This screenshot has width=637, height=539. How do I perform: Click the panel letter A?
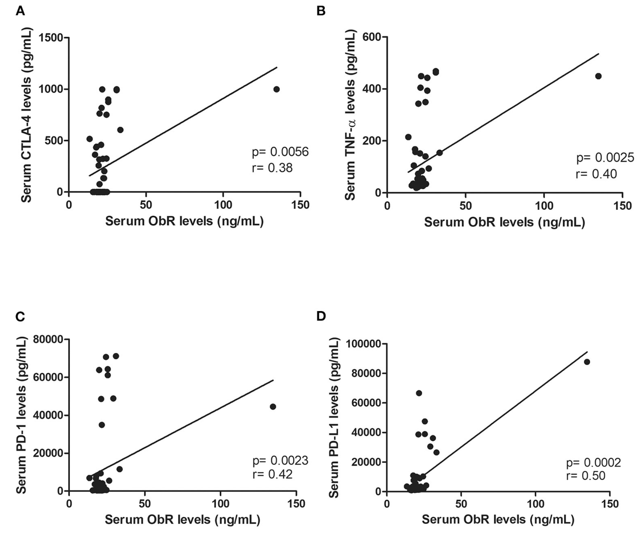click(x=20, y=11)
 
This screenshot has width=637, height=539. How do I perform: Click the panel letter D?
click(x=322, y=316)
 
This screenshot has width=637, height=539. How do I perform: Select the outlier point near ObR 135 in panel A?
click(x=276, y=89)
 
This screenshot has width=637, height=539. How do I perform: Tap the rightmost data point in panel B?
click(x=598, y=76)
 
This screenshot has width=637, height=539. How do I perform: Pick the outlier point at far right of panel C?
click(x=273, y=407)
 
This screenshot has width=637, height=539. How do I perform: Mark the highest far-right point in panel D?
click(x=587, y=362)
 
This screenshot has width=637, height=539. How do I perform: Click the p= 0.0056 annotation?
click(x=280, y=152)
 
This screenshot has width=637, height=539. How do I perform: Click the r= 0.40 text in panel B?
click(x=596, y=174)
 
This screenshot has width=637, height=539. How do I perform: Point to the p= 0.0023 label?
click(x=280, y=461)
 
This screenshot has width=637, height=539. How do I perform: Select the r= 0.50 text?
click(x=586, y=476)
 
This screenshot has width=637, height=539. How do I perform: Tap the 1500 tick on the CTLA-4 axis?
click(x=51, y=38)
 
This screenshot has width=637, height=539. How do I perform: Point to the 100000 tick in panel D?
click(x=363, y=344)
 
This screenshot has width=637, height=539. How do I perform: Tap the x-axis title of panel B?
click(x=504, y=222)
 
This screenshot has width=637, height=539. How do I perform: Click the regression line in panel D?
click(x=501, y=419)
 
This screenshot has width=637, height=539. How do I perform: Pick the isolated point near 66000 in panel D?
click(x=419, y=393)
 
